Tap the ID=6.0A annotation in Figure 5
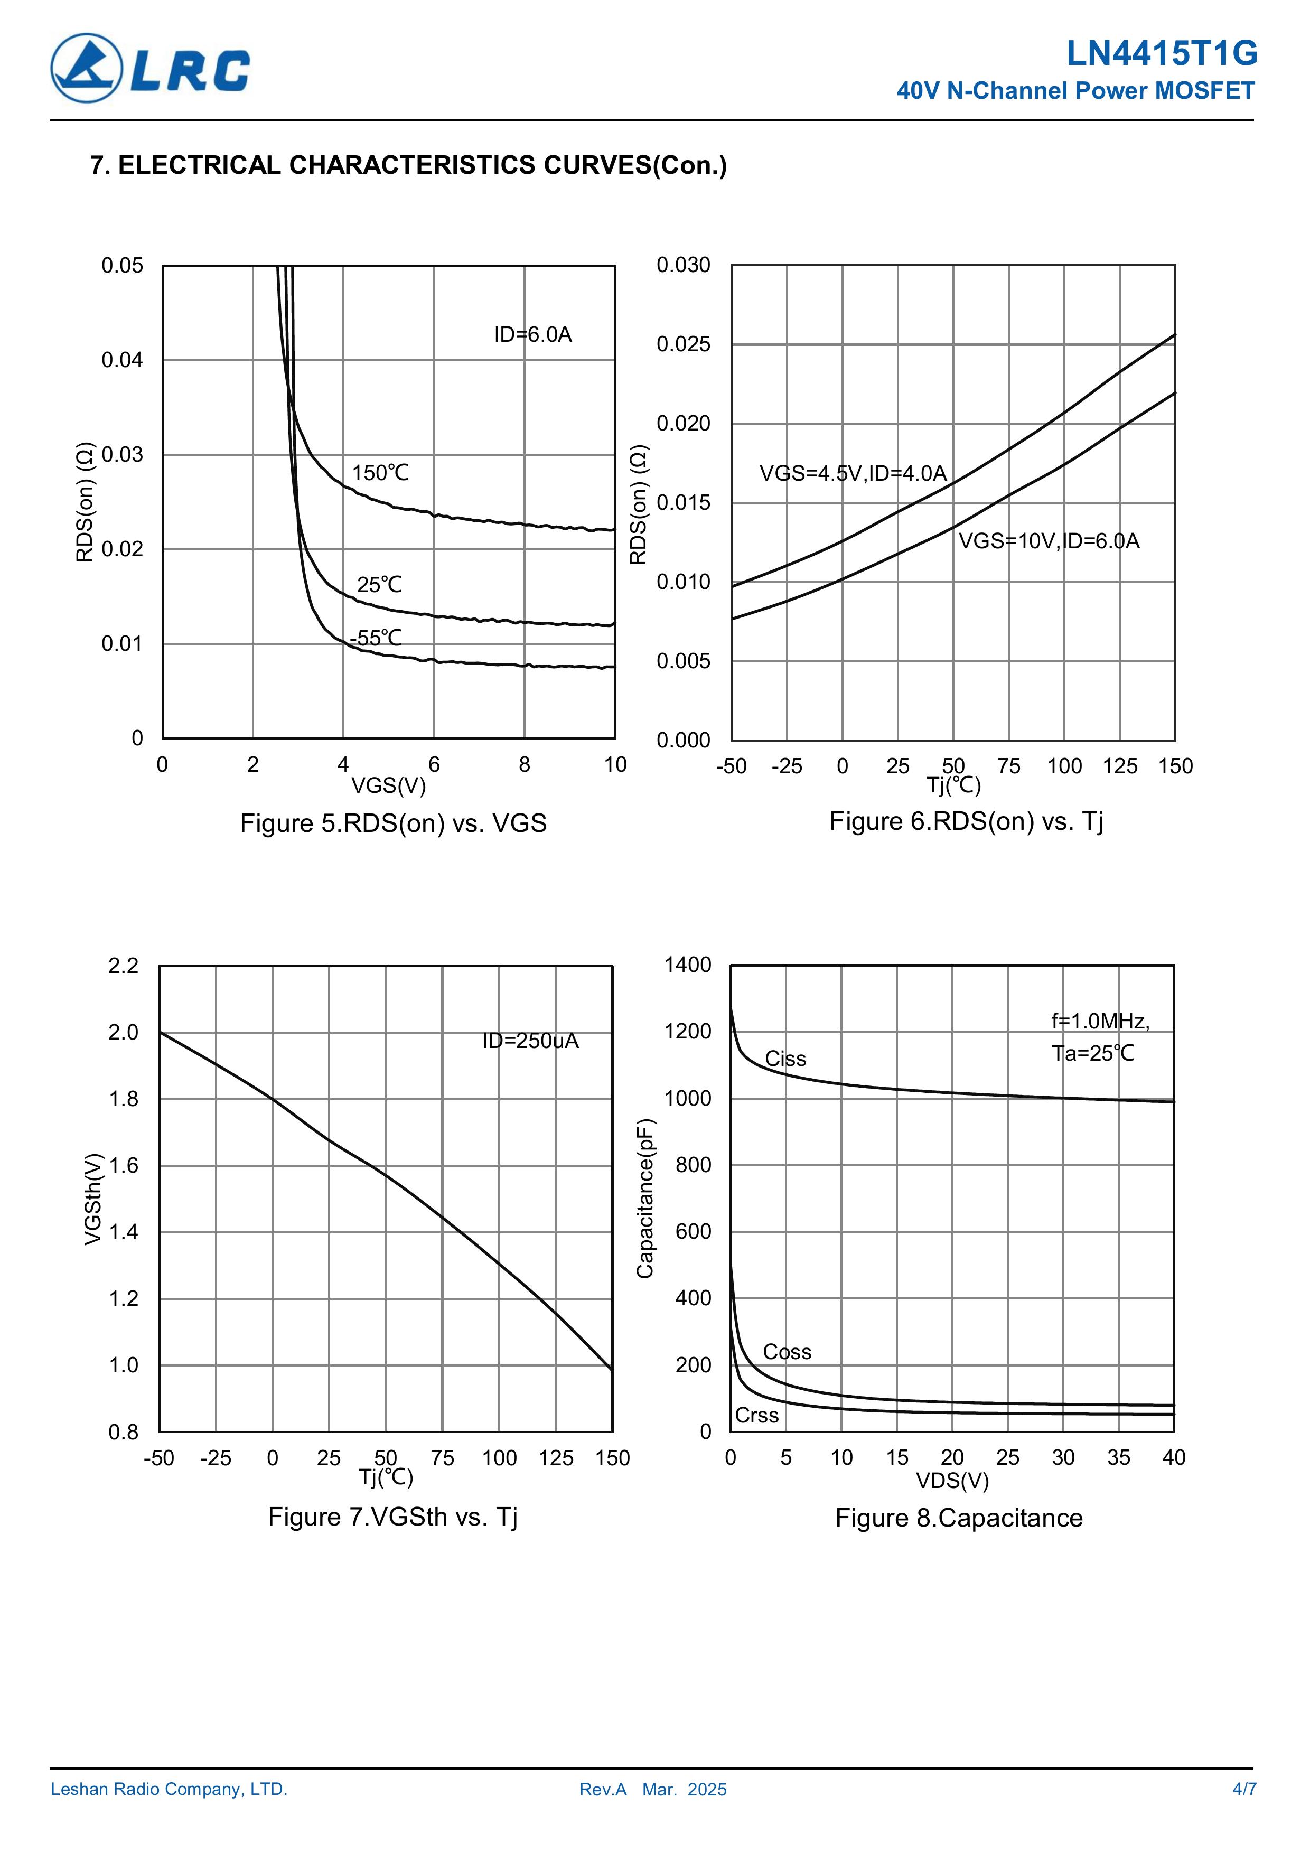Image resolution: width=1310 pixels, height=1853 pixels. [533, 335]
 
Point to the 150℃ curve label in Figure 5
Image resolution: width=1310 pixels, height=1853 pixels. [380, 473]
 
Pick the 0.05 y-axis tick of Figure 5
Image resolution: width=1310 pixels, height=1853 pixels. [122, 266]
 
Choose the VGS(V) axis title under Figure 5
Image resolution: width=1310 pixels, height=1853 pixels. [388, 785]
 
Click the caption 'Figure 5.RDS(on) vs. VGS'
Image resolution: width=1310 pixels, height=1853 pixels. [393, 823]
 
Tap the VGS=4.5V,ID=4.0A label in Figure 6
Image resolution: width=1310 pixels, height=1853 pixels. [853, 473]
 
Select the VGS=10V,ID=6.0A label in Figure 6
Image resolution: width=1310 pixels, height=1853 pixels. [1049, 541]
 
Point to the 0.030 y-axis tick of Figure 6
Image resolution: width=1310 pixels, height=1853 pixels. [683, 265]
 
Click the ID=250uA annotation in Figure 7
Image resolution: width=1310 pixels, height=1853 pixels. [530, 1041]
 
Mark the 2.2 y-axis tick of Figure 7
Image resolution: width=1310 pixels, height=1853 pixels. [124, 965]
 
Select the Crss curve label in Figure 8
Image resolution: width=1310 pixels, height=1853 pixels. [756, 1416]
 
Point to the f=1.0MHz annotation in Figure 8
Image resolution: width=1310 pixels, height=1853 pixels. [1099, 1022]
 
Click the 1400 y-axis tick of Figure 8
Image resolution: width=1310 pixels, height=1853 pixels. [688, 965]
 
